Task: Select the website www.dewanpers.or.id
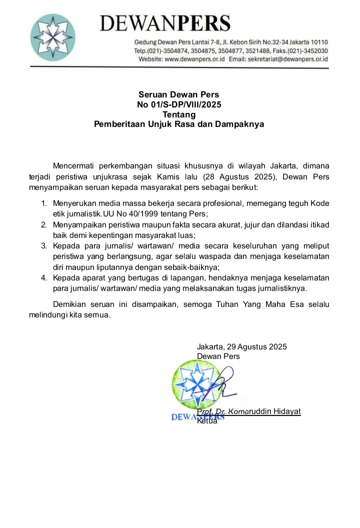(x=194, y=59)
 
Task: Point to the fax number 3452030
(x=315, y=51)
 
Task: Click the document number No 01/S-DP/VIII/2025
(x=179, y=104)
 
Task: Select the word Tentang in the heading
(x=179, y=114)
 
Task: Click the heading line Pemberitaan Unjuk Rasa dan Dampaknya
(x=179, y=124)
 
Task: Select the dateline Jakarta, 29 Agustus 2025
(x=242, y=346)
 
